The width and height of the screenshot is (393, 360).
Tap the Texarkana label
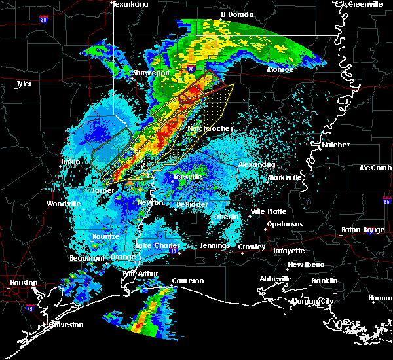(130, 4)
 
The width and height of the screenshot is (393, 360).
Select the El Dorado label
(236, 14)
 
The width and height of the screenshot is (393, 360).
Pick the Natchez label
(335, 145)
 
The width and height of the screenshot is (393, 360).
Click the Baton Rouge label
(363, 230)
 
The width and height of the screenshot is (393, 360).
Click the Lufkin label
(70, 161)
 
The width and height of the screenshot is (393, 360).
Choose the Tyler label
(24, 84)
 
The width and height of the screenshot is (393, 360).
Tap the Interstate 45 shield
(30, 306)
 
